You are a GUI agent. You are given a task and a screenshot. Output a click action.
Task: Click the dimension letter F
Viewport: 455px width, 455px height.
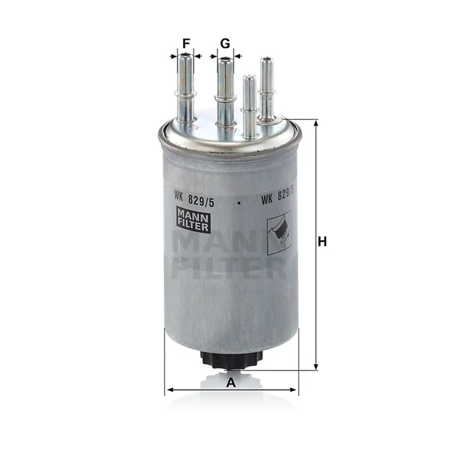click(x=186, y=44)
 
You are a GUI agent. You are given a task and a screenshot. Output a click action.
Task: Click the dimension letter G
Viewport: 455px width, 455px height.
click(x=225, y=44)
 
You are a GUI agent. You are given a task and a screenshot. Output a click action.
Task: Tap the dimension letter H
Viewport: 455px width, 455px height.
click(x=322, y=241)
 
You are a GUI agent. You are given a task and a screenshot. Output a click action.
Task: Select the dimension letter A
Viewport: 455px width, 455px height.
click(x=231, y=382)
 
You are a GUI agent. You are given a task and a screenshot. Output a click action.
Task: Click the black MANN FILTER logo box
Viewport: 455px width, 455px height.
click(x=193, y=220)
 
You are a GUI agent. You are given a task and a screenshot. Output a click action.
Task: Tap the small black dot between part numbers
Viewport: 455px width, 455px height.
click(x=238, y=203)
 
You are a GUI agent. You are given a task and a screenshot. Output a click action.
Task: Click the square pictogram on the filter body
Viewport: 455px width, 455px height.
click(x=279, y=233)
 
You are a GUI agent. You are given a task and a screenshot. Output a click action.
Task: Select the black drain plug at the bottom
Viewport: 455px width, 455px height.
click(x=231, y=360)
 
